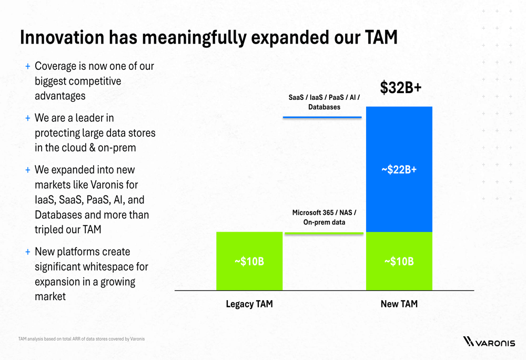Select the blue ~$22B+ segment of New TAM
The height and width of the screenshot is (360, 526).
coord(399,169)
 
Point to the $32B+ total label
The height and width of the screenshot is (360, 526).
coord(401,88)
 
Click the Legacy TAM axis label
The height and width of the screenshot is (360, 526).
coord(249,304)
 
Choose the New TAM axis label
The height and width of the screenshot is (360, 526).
coord(399,304)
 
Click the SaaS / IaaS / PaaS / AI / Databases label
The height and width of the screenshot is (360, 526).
coord(324,102)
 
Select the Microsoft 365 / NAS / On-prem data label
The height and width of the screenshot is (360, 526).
coord(324,217)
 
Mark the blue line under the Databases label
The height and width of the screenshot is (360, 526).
coord(322,117)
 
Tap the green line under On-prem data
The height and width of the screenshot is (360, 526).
coord(323,233)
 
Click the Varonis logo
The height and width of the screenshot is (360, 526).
coord(489,342)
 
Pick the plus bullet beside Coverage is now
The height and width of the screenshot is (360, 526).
coord(27,67)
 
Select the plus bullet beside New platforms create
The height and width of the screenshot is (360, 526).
coord(27,252)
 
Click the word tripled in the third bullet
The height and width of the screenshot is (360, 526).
coord(50,230)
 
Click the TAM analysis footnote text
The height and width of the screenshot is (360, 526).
coord(81,339)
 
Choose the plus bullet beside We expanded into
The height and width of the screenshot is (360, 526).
coord(27,170)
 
